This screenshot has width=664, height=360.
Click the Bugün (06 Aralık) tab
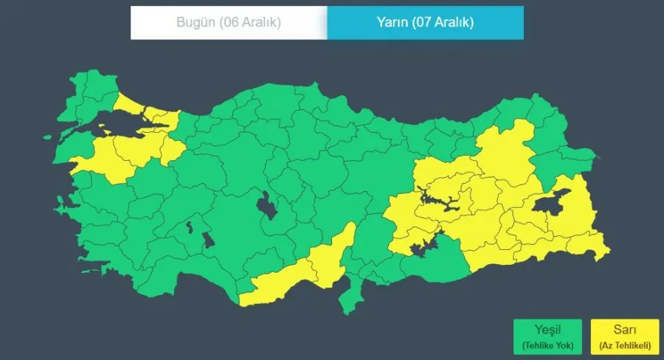[x=229, y=22]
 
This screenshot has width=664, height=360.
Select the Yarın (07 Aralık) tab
[x=426, y=22]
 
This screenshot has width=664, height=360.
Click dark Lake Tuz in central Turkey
[x=267, y=204]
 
